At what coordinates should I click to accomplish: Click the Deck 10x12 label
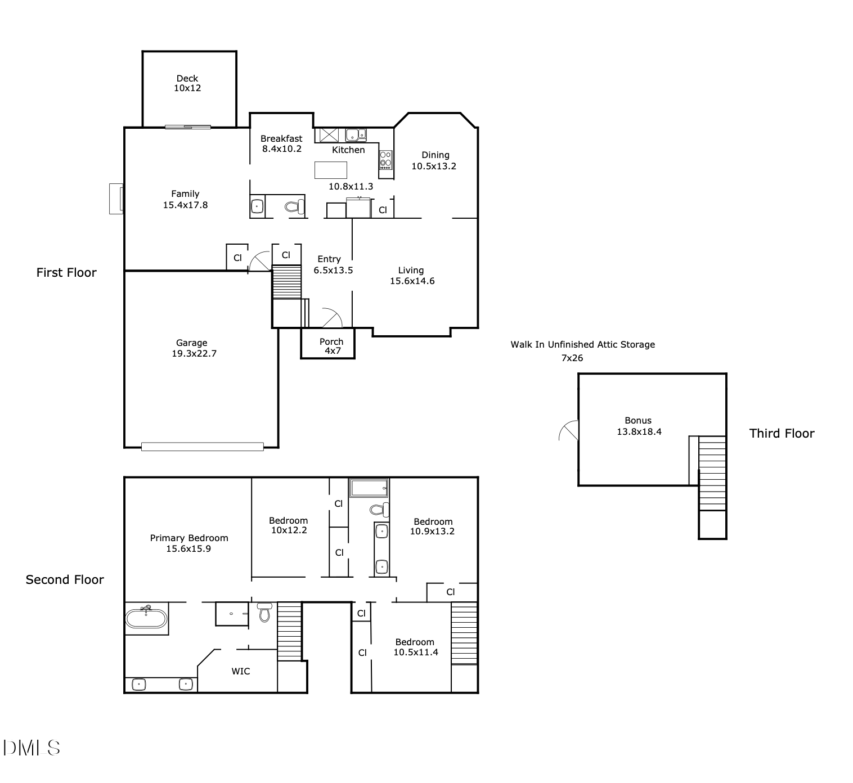tap(187, 83)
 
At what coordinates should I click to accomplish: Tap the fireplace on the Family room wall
tap(116, 199)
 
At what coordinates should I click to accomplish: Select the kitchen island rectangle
tap(330, 170)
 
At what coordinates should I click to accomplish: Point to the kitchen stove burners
tap(385, 159)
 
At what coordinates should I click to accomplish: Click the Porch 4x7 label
tap(331, 346)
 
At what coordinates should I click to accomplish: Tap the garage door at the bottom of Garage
tap(202, 447)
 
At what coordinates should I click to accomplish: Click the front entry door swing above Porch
tap(333, 318)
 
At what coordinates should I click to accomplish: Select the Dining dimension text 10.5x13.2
tap(433, 166)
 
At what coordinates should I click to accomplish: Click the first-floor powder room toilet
tap(294, 207)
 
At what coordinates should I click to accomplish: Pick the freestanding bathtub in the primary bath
tap(146, 618)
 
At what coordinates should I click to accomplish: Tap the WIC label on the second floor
tap(241, 671)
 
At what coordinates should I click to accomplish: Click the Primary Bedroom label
tap(189, 538)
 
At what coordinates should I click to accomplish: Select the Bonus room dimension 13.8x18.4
tap(639, 432)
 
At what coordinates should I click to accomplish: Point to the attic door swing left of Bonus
tap(569, 430)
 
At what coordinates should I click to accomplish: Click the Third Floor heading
tap(782, 433)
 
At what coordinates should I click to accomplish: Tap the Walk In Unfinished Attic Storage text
tap(582, 344)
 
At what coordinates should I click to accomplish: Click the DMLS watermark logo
tap(32, 748)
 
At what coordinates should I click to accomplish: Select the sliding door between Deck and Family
tap(187, 127)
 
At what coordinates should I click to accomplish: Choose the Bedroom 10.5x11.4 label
tap(415, 647)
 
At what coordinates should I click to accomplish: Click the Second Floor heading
tap(65, 580)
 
